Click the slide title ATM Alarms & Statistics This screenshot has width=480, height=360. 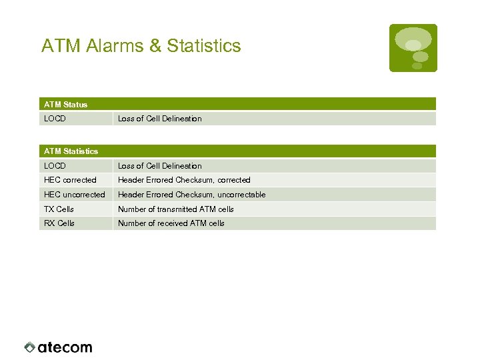(141, 46)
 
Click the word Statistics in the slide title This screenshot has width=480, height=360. (204, 46)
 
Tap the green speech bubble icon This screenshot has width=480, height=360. (413, 48)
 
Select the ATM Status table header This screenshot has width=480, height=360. (65, 105)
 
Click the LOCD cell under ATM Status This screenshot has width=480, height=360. (55, 119)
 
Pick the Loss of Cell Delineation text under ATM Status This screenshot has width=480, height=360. (159, 119)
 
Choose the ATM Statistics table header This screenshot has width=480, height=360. (71, 151)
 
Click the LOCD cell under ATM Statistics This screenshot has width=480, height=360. (55, 166)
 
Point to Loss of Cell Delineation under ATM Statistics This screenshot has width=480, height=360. (159, 166)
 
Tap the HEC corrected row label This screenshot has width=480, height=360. (70, 180)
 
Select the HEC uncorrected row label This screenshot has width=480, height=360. (74, 195)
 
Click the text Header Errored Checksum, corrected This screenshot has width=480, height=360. (184, 180)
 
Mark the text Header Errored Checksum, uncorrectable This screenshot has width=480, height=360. (191, 195)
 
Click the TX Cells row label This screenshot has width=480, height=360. (59, 209)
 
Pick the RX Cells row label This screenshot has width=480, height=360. (59, 223)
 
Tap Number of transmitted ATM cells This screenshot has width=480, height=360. (176, 209)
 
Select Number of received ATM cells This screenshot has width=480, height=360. (171, 223)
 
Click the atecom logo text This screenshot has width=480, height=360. (65, 347)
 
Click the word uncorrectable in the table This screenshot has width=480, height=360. (241, 195)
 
